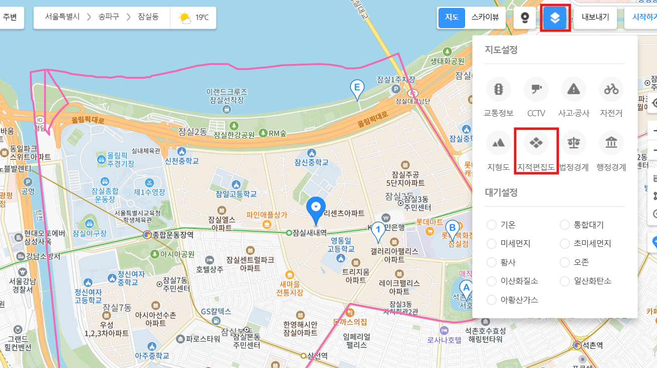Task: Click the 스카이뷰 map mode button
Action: [485, 18]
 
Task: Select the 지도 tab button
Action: [452, 18]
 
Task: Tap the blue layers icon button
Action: [555, 18]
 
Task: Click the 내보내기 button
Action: [595, 18]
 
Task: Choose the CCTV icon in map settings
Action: [536, 90]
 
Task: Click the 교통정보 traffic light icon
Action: [499, 90]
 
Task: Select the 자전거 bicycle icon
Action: [611, 90]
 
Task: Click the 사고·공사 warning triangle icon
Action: [574, 90]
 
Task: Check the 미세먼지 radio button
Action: [492, 244]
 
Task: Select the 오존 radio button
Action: [565, 262]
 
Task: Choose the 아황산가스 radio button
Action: [492, 300]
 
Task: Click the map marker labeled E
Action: [357, 89]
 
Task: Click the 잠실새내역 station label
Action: [309, 233]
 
